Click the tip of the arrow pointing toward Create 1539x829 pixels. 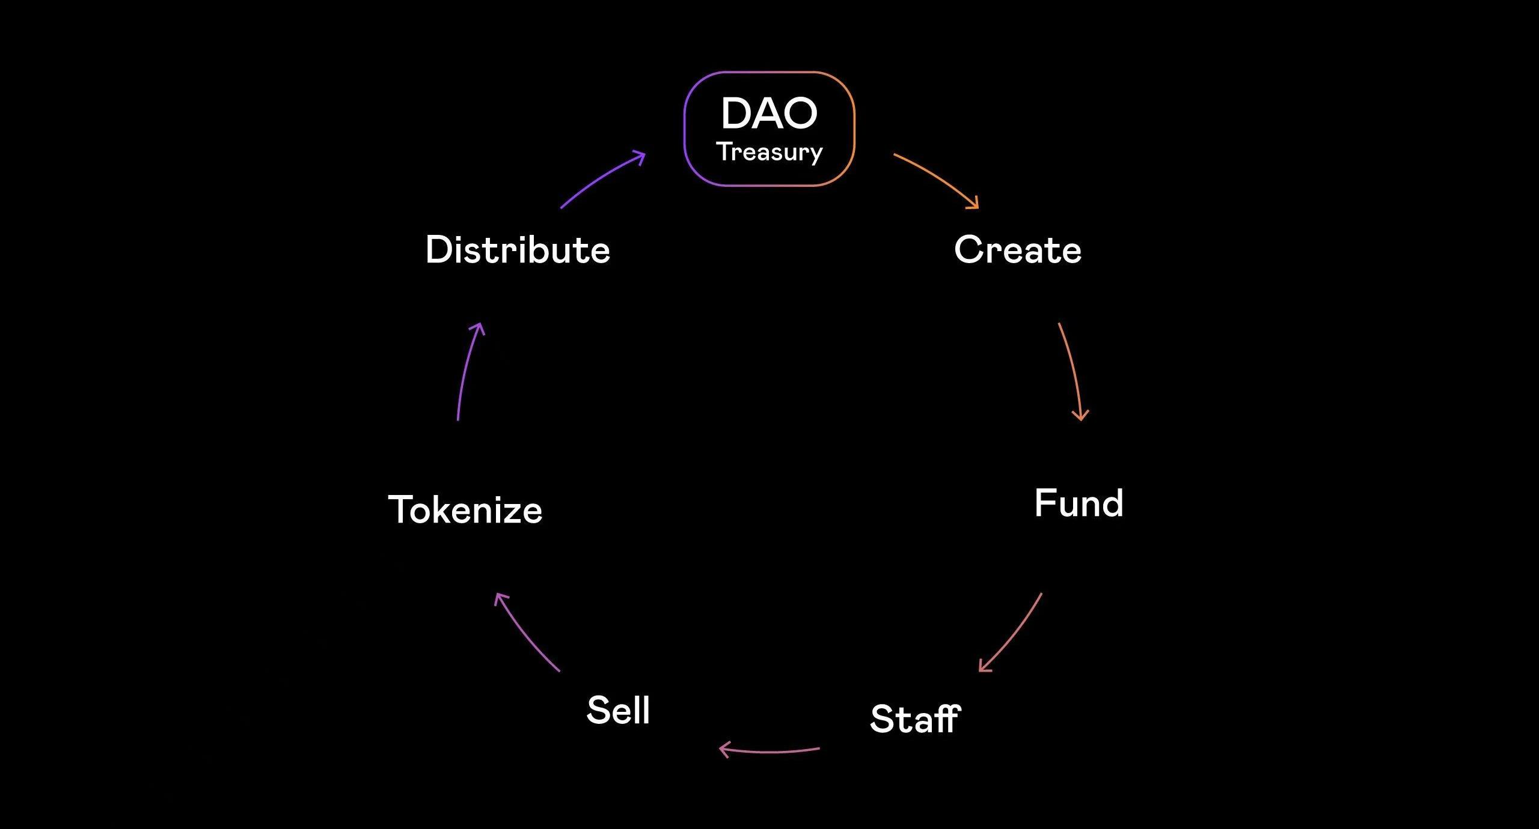coord(978,208)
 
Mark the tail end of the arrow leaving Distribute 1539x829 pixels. coord(561,208)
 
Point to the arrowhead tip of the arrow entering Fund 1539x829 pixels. coord(1081,420)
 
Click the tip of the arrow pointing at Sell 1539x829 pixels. coord(720,749)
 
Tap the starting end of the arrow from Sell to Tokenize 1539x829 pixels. coord(559,671)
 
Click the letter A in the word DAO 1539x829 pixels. coord(769,113)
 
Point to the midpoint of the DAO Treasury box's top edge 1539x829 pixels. coord(769,72)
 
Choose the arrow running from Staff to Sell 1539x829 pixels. coord(769,751)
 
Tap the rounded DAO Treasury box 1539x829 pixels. coord(769,129)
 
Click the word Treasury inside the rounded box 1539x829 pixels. coord(769,153)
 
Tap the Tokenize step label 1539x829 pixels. coord(465,510)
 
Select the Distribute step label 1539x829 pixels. coord(518,249)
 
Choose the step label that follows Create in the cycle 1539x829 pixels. coord(1079,503)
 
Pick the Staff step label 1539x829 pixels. coord(915,718)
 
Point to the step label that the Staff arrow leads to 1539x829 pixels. coord(618,709)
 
